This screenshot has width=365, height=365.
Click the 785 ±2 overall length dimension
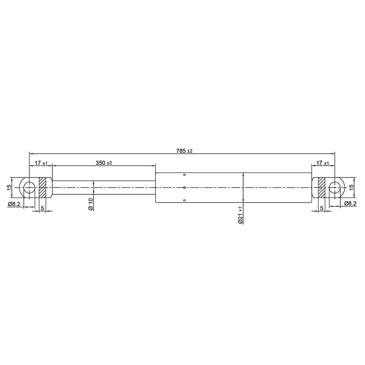point(184,151)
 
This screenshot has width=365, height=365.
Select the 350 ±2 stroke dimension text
point(104,163)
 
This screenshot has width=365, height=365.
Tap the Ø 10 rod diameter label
point(91,204)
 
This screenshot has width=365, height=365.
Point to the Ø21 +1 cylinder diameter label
point(240,215)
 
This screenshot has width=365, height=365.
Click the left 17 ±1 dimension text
point(41,163)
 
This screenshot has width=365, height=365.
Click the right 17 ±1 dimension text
point(323,163)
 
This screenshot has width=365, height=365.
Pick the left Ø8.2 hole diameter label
point(14,204)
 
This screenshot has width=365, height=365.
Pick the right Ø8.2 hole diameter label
point(350,203)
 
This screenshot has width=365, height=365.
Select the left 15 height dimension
point(9,187)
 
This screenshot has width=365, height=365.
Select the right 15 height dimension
point(351,187)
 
